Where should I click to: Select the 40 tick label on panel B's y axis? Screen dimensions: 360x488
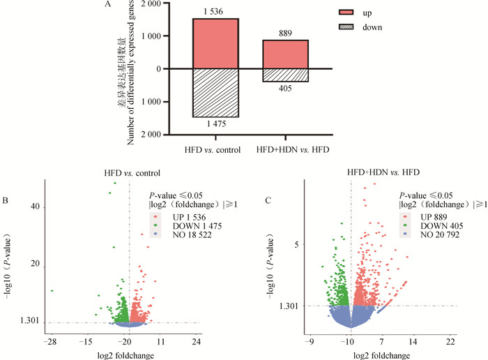point(35,207)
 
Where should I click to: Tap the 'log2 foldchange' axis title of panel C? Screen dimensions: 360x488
point(381,354)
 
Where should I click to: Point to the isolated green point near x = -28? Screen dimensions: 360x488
point(52,290)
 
